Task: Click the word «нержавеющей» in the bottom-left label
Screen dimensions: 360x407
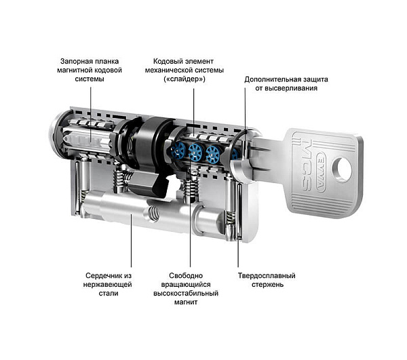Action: (x=108, y=285)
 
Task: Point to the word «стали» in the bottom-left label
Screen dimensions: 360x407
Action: (x=108, y=294)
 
